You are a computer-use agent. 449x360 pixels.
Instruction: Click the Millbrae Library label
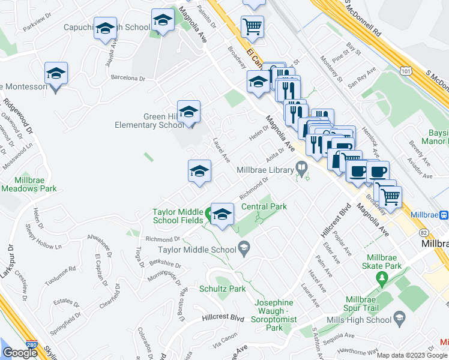pyautogui.click(x=265, y=170)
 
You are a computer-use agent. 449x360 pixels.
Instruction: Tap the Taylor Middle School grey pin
pyautogui.click(x=244, y=247)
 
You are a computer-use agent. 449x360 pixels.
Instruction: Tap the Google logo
pyautogui.click(x=20, y=353)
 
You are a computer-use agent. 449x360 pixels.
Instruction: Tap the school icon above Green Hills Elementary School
pyautogui.click(x=188, y=112)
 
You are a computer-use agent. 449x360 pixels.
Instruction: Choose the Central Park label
pyautogui.click(x=264, y=206)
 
